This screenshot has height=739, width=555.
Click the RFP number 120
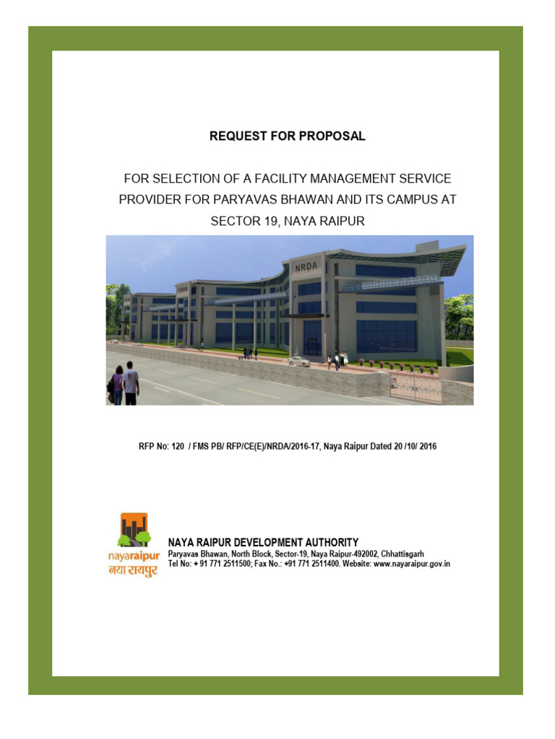point(178,447)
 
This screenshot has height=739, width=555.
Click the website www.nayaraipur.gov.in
point(412,563)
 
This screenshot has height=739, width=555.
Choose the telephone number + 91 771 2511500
point(219,563)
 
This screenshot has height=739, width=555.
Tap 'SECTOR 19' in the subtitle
point(242,221)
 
